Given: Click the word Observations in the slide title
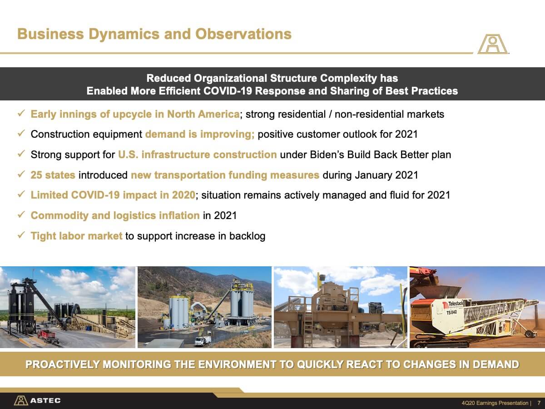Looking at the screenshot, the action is [243, 34].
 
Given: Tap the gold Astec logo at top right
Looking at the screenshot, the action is [493, 44].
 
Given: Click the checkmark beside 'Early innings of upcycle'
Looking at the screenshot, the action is [21, 113].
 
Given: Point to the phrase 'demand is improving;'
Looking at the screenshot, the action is [200, 134].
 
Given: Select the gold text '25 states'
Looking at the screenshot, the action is [53, 175].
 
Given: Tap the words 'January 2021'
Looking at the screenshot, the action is [386, 175].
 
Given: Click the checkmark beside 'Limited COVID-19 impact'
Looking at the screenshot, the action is [21, 194].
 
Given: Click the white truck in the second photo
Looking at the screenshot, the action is [203, 341].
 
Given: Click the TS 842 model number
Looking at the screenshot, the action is [451, 312].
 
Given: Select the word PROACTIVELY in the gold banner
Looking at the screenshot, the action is [62, 364].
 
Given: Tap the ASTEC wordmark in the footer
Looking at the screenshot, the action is [45, 400].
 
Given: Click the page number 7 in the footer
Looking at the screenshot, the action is [539, 403].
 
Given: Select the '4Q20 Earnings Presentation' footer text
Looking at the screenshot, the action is [495, 403].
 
